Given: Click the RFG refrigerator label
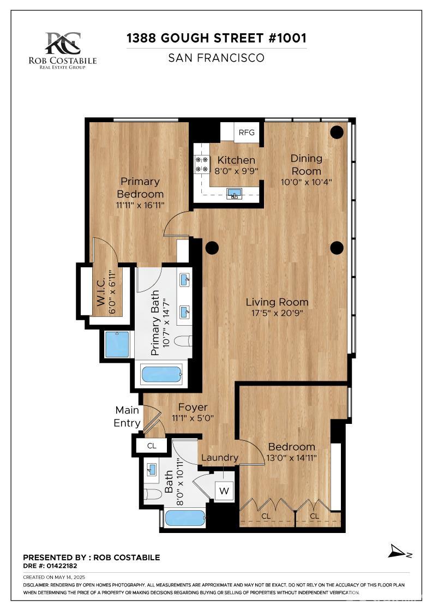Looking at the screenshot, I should [x=247, y=133].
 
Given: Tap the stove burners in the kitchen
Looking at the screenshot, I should [x=201, y=164].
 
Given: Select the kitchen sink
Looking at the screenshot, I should [x=235, y=194].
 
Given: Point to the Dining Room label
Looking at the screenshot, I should [x=306, y=164].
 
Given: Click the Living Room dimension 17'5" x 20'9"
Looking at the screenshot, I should [x=277, y=313].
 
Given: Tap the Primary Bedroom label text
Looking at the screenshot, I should [x=140, y=187].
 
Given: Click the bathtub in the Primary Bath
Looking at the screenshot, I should [x=161, y=375].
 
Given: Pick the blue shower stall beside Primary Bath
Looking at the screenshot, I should [x=117, y=344].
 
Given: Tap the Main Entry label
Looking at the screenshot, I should [x=127, y=416].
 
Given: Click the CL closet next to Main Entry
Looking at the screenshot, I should [x=152, y=446].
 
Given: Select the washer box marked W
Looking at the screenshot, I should [x=224, y=491].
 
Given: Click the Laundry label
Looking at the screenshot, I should [x=220, y=458].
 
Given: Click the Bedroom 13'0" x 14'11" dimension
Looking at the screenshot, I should [x=292, y=458].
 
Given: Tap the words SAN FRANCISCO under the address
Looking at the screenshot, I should [x=216, y=57].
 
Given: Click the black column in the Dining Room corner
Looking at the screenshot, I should [x=337, y=132].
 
